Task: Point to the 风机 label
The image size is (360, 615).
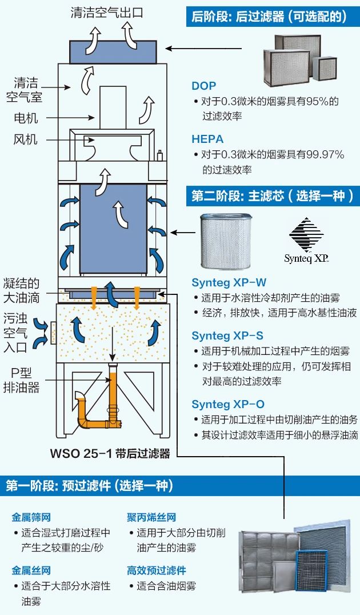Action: [26, 139]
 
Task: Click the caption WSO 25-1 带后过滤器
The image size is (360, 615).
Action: [110, 454]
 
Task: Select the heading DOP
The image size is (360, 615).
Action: [204, 86]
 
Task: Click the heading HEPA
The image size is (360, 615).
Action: [207, 139]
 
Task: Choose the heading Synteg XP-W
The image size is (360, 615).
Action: [229, 283]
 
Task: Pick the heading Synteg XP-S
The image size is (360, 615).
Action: [228, 336]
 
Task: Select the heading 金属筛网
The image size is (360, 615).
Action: [31, 518]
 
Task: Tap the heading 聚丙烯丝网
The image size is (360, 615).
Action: [151, 518]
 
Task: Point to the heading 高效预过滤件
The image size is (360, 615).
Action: [157, 570]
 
